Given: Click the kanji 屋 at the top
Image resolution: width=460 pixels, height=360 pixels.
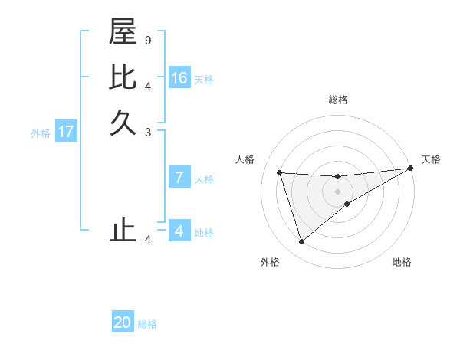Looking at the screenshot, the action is point(123,32).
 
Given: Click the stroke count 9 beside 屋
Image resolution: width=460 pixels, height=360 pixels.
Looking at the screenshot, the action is point(148,40).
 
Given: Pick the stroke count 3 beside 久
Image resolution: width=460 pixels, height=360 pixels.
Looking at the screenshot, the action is point(148,132).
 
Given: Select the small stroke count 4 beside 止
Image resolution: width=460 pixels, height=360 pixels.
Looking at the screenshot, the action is point(148,240).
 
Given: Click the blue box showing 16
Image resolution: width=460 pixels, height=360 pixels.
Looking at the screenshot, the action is point(179,78).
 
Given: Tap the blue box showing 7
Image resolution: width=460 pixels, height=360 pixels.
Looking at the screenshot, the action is point(179,178).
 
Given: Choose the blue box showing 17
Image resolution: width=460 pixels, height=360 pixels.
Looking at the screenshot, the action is point(66,132).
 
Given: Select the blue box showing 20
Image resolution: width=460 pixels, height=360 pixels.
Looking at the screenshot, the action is point(123,322).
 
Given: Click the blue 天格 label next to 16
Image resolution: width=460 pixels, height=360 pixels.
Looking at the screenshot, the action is point(204,80).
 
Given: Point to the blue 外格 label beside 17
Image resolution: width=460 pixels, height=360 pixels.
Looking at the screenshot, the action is point(41,133).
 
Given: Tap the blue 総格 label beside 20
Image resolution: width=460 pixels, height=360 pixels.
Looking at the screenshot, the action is point(147,324).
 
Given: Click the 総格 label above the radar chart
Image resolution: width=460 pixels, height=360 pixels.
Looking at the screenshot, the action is point(338,100).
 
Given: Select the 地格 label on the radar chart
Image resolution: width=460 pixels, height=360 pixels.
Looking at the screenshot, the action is point(402,262).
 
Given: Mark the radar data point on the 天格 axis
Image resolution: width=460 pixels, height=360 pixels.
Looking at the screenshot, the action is point(410,169).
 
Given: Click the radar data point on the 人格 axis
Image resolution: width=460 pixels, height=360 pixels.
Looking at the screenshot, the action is point(280,172).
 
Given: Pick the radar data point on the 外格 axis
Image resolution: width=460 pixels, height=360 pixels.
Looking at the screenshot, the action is point(301,242).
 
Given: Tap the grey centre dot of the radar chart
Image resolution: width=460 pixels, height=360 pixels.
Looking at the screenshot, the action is point(337,191).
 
